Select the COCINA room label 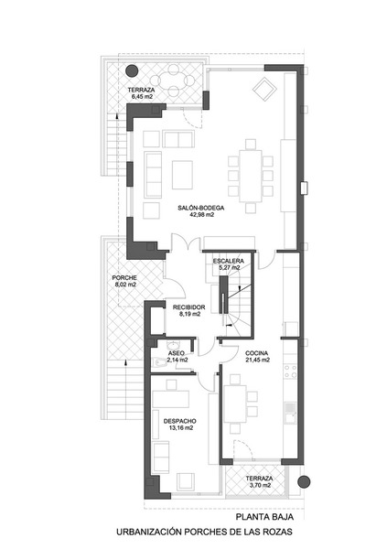tap(257, 353)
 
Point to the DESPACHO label tap(180, 421)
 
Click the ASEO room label tap(177, 353)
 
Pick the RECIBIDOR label tap(189, 307)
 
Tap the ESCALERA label tap(229, 261)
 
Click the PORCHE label tap(124, 277)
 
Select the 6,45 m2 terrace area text tap(140, 97)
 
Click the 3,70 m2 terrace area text tap(259, 485)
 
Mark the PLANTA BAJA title tap(264, 517)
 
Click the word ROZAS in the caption tap(279, 532)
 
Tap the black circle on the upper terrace tap(132, 71)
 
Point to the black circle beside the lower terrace tap(304, 482)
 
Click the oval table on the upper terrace tap(173, 81)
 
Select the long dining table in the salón tap(251, 176)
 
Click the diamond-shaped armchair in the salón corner tap(263, 90)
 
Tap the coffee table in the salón tap(182, 175)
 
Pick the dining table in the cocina tap(235, 404)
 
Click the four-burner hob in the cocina tap(290, 371)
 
